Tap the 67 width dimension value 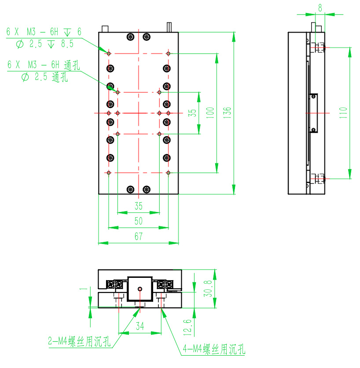pyautogui.click(x=139, y=237)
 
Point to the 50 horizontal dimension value pyautogui.click(x=139, y=221)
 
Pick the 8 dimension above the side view pyautogui.click(x=320, y=7)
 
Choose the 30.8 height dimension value pyautogui.click(x=209, y=288)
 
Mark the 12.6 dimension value pyautogui.click(x=188, y=326)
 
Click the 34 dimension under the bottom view pyautogui.click(x=140, y=326)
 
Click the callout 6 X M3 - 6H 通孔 pyautogui.click(x=44, y=65)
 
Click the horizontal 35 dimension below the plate pyautogui.click(x=139, y=206)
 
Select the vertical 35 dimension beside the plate pyautogui.click(x=192, y=113)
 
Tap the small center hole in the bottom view pyautogui.click(x=140, y=289)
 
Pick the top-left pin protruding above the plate pyautogui.click(x=105, y=29)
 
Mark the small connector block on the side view pyautogui.click(x=313, y=113)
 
